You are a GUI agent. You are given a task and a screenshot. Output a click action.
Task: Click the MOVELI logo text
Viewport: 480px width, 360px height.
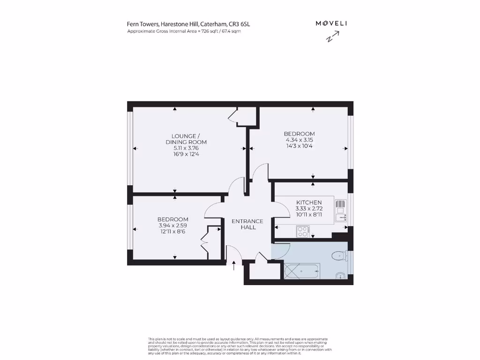click(x=331, y=23)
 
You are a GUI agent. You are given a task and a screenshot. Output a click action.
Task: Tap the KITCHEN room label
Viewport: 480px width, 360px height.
click(x=308, y=202)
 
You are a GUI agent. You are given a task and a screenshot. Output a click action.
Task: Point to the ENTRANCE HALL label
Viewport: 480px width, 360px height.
click(x=248, y=224)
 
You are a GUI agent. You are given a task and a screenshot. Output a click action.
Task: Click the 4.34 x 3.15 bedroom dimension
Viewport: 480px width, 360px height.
click(x=299, y=140)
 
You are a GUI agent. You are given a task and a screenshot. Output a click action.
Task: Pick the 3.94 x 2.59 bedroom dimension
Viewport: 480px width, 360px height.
click(x=172, y=225)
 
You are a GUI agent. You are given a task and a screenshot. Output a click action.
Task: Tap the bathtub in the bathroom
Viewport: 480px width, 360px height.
click(x=302, y=270)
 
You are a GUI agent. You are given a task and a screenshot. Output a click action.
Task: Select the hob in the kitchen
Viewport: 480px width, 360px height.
click(x=302, y=231)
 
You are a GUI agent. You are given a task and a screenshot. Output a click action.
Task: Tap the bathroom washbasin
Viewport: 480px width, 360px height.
click(x=340, y=275)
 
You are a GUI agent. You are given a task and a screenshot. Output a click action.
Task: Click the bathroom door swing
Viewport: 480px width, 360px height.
click(x=281, y=251)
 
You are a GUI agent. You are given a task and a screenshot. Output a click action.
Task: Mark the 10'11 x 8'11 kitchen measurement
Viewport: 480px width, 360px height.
click(x=308, y=214)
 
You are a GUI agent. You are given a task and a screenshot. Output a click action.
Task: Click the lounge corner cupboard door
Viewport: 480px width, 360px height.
click(x=233, y=115)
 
